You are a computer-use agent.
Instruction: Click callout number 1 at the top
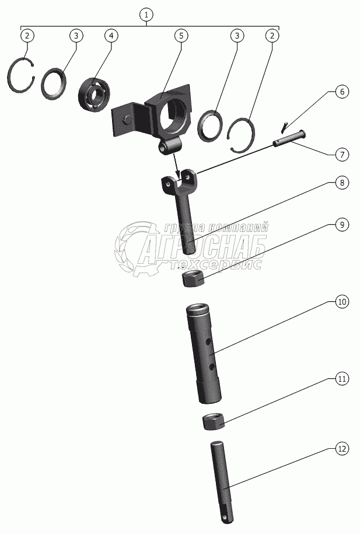pos(146,15)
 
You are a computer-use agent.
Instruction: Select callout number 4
pos(111,36)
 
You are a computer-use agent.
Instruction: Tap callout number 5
pos(181,36)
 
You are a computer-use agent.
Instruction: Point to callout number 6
pos(342,92)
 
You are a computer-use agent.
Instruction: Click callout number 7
pos(342,155)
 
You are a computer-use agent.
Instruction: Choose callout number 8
pos(342,183)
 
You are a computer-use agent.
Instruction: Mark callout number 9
pos(342,225)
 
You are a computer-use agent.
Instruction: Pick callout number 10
pos(342,302)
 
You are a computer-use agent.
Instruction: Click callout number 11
pos(342,379)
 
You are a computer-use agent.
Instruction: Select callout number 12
pos(342,449)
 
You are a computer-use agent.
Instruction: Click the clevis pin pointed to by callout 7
pos(289,139)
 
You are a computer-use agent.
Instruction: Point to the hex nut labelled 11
pos(213,421)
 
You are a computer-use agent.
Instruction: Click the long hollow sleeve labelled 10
pos(204,354)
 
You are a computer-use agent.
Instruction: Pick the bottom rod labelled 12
pos(222,481)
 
